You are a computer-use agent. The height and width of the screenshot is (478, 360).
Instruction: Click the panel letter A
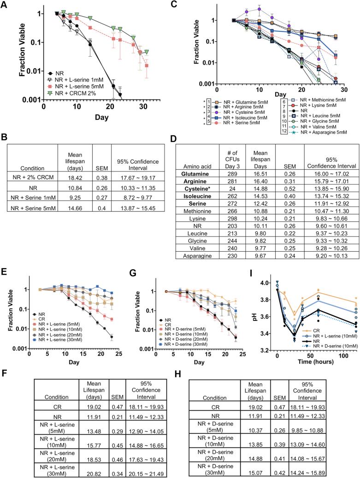(6, 5)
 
